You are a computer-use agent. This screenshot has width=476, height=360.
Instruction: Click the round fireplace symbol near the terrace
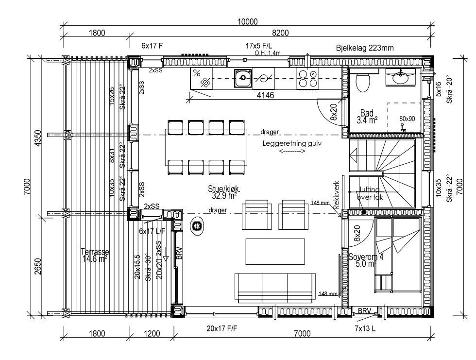click(x=197, y=226)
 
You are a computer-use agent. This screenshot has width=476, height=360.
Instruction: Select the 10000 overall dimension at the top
click(x=247, y=22)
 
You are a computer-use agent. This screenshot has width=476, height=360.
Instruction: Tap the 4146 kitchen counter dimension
click(x=265, y=96)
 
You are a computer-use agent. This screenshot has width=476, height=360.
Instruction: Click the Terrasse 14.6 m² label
click(x=95, y=256)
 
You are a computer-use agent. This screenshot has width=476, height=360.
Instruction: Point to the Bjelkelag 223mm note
click(x=364, y=48)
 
